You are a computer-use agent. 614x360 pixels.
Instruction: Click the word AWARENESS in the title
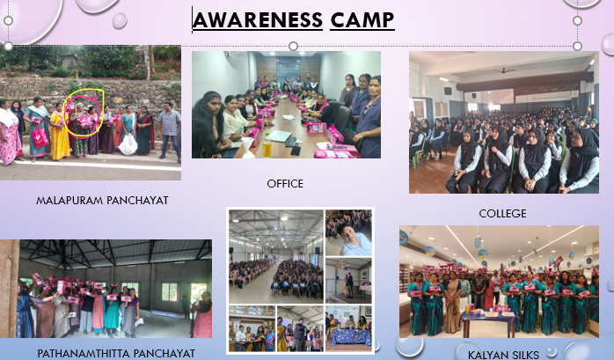coord(257,19)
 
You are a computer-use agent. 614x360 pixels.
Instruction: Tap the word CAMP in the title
coord(362,19)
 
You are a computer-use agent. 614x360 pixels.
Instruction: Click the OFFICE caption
coord(285,183)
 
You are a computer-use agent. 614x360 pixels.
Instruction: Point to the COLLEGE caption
coord(502,213)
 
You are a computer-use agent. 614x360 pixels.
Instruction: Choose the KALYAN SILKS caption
coord(497,352)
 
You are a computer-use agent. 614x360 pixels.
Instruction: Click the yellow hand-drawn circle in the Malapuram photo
coord(84,112)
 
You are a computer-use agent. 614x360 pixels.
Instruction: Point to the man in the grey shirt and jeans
coord(169,130)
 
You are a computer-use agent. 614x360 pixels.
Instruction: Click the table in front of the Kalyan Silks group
coord(489,322)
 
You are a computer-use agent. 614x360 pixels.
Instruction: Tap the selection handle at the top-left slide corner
coord(9,45)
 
